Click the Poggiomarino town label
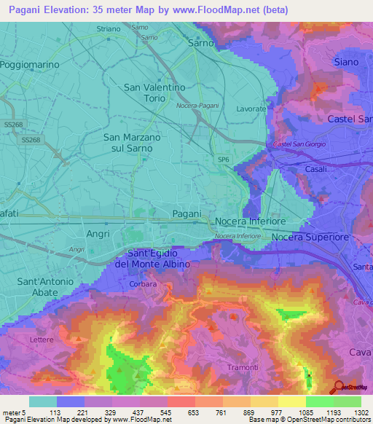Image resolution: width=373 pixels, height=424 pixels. point(30,64)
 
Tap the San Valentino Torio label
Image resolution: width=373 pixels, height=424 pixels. point(154,93)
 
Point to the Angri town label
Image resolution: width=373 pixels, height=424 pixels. point(97,234)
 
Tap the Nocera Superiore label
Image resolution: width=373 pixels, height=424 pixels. point(310,237)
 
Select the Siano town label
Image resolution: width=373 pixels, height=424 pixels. point(345,62)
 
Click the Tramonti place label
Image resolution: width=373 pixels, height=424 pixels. point(243,367)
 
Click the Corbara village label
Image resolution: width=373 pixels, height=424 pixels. point(144,284)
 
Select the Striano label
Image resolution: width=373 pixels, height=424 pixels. point(109,28)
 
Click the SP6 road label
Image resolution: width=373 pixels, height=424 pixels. point(222,158)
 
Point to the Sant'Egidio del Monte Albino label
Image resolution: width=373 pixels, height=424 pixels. point(152,257)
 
